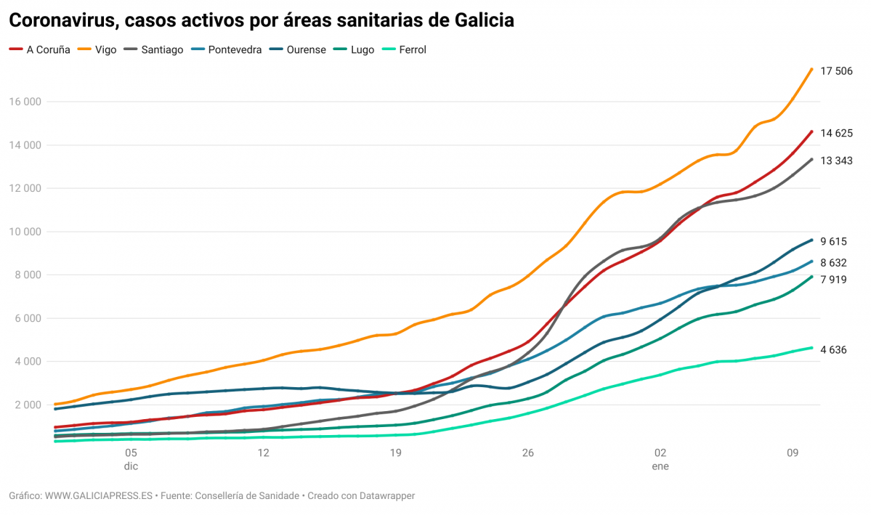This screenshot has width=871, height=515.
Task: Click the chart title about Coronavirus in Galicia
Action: pyautogui.click(x=262, y=21)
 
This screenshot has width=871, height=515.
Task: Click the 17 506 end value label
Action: pyautogui.click(x=836, y=71)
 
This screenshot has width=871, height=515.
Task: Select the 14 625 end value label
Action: pyautogui.click(x=836, y=133)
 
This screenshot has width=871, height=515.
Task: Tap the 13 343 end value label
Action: pyautogui.click(x=836, y=161)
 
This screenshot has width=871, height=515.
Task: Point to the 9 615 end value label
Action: pyautogui.click(x=833, y=242)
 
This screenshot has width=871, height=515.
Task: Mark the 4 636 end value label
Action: pyautogui.click(x=833, y=350)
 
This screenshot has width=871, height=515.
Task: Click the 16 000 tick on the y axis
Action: pyautogui.click(x=25, y=102)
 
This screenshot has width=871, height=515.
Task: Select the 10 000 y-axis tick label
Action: pyautogui.click(x=25, y=232)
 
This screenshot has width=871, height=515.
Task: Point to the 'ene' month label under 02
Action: pyautogui.click(x=660, y=466)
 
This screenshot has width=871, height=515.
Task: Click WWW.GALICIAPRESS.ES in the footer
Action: pyautogui.click(x=99, y=495)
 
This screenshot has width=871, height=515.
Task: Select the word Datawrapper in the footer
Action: pyautogui.click(x=387, y=495)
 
